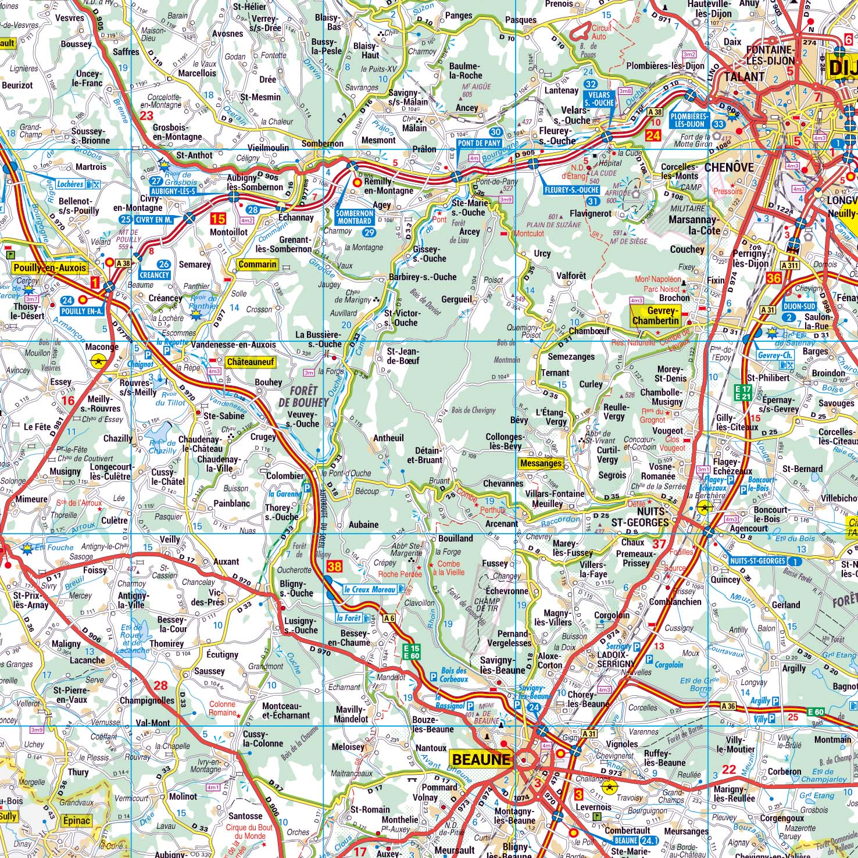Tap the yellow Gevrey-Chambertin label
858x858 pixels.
[x=655, y=316]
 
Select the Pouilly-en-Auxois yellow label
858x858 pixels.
[x=49, y=268]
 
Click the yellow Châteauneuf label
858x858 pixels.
[x=249, y=362]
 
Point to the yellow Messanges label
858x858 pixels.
[x=541, y=463]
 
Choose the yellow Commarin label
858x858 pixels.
[x=257, y=264]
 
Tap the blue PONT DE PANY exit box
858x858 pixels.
[x=478, y=142]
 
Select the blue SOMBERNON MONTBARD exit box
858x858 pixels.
[x=355, y=217]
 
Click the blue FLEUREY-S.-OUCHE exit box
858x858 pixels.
[x=572, y=190]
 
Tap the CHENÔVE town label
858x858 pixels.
[x=728, y=167]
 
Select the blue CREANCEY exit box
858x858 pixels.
[x=154, y=275]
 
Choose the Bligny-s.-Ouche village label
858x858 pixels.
[x=296, y=588]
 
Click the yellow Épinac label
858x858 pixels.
[x=75, y=820]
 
